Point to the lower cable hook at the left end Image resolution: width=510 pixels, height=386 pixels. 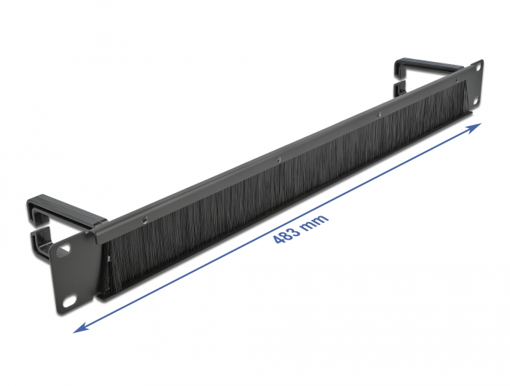coord(40,244)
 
